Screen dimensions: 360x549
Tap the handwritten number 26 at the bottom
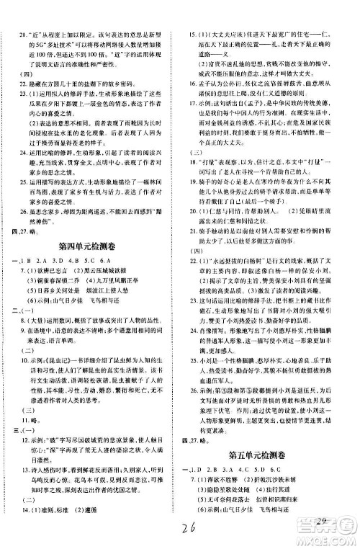coord(184,534)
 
